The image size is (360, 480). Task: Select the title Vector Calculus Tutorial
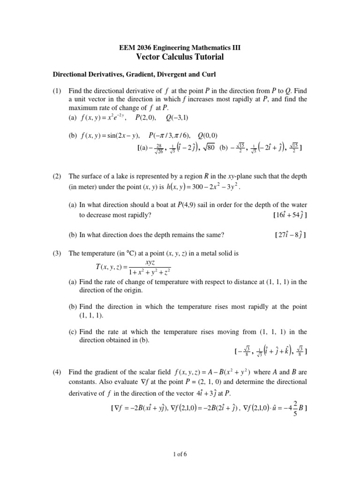(180, 57)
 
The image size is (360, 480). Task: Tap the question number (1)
(58, 90)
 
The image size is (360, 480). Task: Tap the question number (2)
(58, 177)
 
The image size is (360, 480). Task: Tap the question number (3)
(58, 254)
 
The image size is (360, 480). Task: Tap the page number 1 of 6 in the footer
(180, 454)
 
